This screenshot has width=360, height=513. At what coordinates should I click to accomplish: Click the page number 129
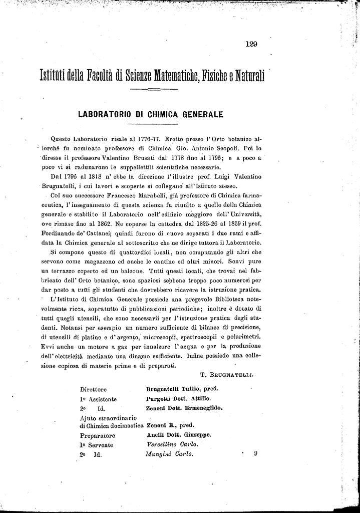[251, 44]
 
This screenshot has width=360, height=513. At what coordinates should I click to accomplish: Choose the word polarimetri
[245, 337]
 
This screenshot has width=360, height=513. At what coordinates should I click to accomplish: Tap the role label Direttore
[93, 389]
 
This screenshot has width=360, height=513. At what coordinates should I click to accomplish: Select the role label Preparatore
[97, 435]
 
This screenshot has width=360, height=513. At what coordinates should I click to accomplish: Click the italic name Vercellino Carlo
[172, 444]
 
